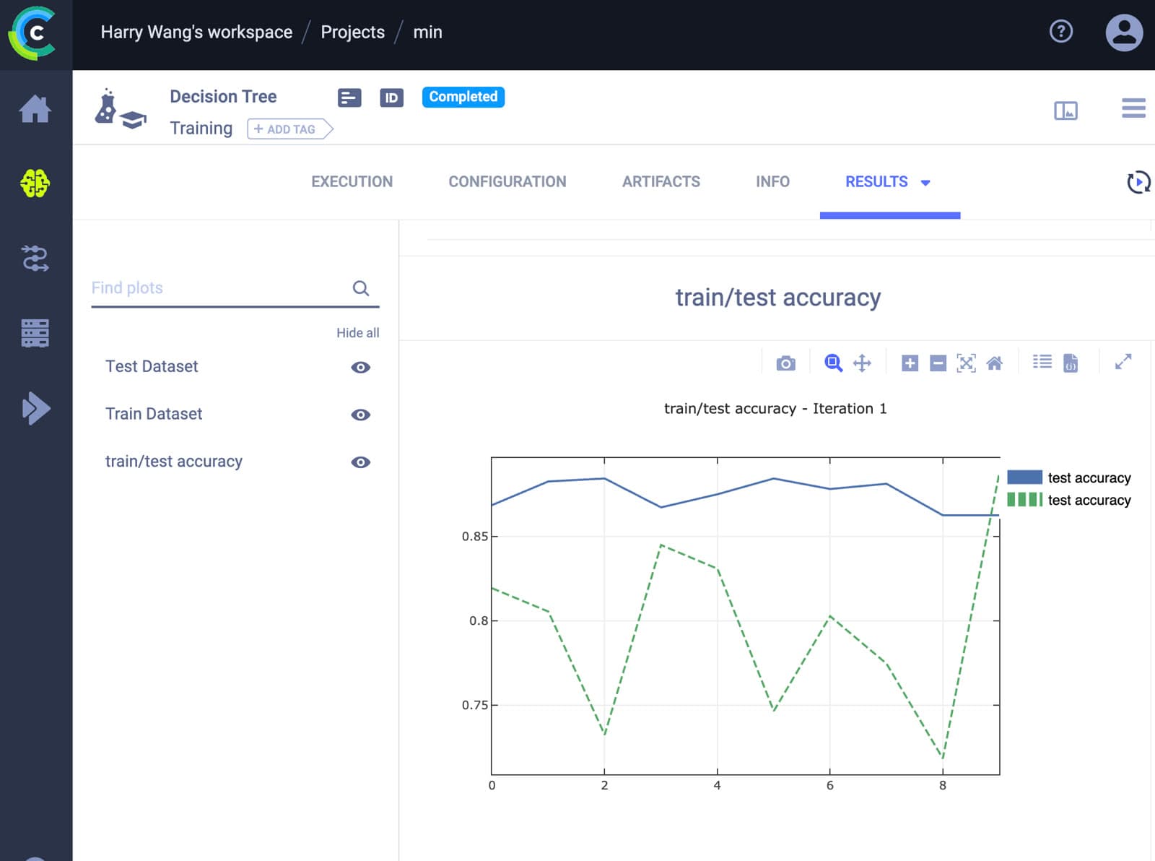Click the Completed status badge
coord(463,97)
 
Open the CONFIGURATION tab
coord(507,181)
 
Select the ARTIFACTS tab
coord(661,181)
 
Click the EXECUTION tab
coord(352,181)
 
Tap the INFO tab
coord(773,181)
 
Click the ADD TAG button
coord(289,129)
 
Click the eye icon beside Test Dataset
coord(360,368)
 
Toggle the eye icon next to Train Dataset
coord(360,415)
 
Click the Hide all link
coord(357,332)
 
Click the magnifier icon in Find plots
coord(360,288)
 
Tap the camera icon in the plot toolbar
coord(786,363)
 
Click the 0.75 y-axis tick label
coord(474,705)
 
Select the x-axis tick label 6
coord(829,785)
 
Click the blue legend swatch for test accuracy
coord(1024,477)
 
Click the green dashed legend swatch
coord(1024,499)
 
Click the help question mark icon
coord(1060,31)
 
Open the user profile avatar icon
coord(1124,33)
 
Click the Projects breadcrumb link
coord(352,32)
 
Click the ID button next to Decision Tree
coord(391,98)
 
